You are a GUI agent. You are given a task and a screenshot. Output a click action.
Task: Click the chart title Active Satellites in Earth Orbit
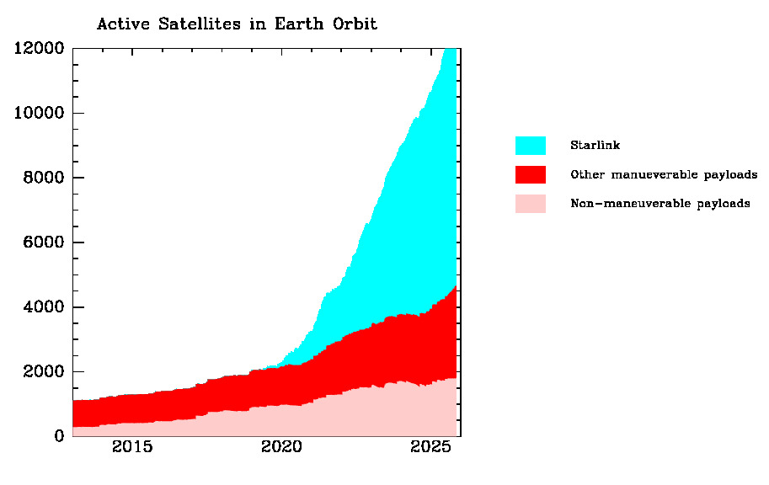click(237, 24)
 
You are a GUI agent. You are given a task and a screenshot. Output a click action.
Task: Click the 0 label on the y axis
click(59, 436)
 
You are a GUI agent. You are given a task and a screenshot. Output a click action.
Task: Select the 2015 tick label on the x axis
click(132, 446)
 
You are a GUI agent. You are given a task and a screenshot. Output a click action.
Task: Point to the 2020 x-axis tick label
click(280, 446)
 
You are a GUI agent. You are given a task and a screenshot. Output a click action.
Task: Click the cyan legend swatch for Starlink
click(530, 146)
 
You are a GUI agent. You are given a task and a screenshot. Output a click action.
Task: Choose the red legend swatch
click(530, 175)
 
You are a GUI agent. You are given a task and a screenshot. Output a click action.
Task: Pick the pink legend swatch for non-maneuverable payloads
click(530, 204)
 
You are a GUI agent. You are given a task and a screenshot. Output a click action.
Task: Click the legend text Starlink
click(595, 146)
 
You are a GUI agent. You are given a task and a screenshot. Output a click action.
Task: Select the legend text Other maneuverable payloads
click(664, 175)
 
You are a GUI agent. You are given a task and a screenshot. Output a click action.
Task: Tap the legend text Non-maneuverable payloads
click(660, 204)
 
